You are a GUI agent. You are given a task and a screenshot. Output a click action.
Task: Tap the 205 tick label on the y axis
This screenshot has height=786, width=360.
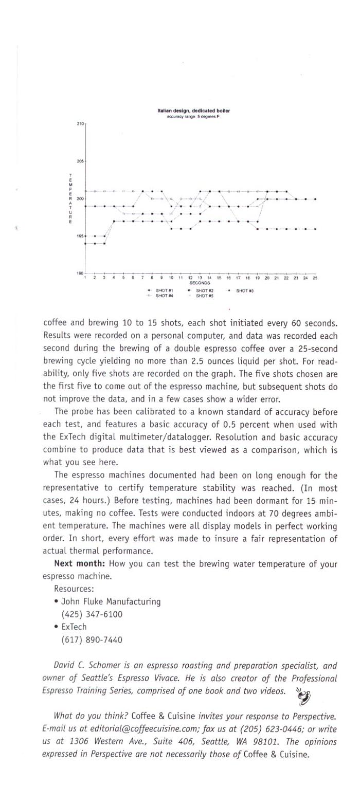pos(80,161)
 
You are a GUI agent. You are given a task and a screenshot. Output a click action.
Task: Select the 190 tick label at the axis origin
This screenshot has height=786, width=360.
pos(80,273)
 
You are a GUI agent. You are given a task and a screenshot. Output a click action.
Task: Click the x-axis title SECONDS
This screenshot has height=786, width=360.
pos(200,283)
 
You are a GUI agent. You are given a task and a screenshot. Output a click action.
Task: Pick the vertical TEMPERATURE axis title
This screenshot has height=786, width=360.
pos(70,198)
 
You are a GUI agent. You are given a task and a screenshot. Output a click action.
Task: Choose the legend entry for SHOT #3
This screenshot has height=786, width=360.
pos(245,291)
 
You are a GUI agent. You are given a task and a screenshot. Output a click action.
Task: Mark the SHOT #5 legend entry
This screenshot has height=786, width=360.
pos(204,296)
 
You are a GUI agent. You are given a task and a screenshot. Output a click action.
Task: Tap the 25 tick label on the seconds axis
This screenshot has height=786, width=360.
pos(315,278)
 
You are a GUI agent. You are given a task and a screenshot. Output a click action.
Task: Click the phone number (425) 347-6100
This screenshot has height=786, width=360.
pos(92,614)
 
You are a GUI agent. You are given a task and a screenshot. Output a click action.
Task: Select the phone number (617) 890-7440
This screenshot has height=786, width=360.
pos(92,640)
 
